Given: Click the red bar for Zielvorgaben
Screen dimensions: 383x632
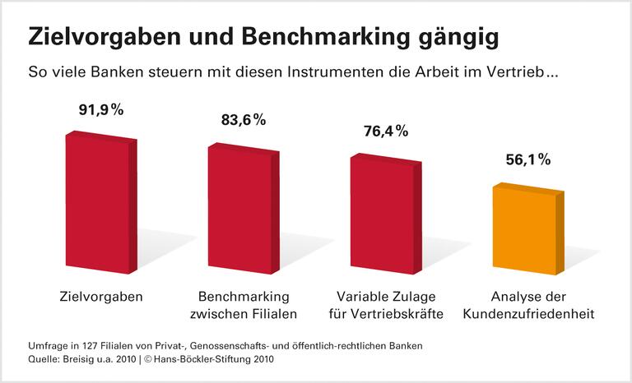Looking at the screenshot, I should pos(97,203).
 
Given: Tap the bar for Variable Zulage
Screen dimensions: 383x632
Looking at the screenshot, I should pos(382,214).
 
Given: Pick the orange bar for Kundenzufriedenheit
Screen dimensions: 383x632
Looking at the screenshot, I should pos(524,230).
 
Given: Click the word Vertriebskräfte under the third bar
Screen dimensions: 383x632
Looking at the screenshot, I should pos(402,314).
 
